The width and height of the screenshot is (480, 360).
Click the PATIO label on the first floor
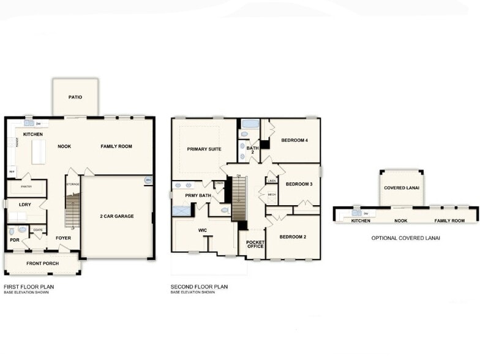point(75,97)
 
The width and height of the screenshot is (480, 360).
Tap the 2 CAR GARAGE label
point(116,216)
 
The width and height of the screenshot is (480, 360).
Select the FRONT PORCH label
point(43,263)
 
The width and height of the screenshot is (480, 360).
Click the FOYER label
point(63,238)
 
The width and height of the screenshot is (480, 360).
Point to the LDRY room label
point(25,204)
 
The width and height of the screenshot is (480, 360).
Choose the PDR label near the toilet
point(14,240)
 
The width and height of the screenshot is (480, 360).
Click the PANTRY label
point(26,186)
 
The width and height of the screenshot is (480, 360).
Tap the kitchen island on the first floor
point(39,151)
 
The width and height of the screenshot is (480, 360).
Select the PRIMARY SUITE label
point(204,148)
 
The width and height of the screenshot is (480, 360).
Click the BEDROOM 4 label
point(294,140)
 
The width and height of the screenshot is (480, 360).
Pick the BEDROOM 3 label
point(299,184)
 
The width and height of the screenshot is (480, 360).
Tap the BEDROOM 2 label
point(293,236)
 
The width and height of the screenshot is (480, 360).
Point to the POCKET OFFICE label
point(255,244)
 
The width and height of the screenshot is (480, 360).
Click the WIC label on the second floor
point(203,230)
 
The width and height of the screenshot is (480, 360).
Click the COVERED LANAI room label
point(402,188)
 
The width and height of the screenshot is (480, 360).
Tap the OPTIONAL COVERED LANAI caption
point(405,238)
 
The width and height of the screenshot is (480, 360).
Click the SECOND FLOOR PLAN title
point(200,287)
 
